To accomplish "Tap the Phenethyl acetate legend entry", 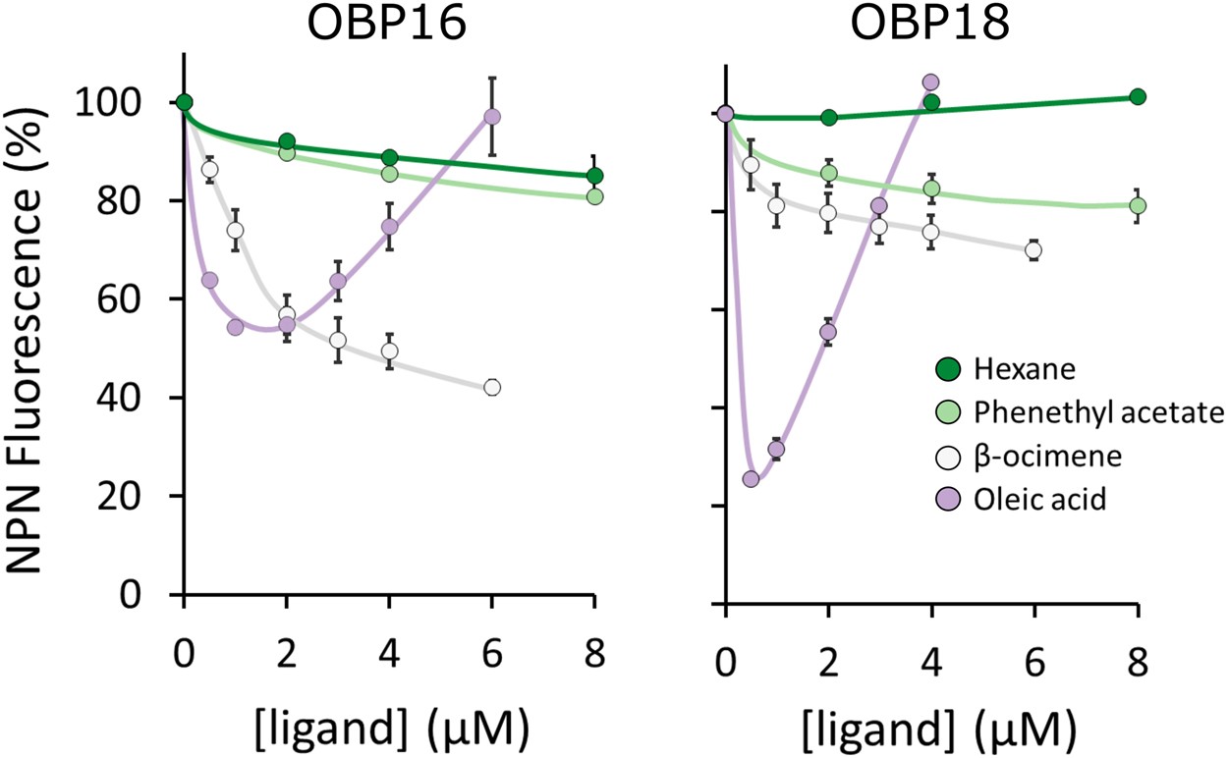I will [x=1077, y=413].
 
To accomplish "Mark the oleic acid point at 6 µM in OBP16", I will [x=492, y=116].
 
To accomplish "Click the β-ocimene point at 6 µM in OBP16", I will [x=492, y=387].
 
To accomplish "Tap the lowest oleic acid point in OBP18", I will [x=752, y=479].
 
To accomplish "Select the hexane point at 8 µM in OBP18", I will [x=1138, y=96].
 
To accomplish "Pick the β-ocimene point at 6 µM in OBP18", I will [x=1033, y=250].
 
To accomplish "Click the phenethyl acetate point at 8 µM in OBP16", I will [x=595, y=196].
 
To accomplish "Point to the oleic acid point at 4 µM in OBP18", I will [x=931, y=82].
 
